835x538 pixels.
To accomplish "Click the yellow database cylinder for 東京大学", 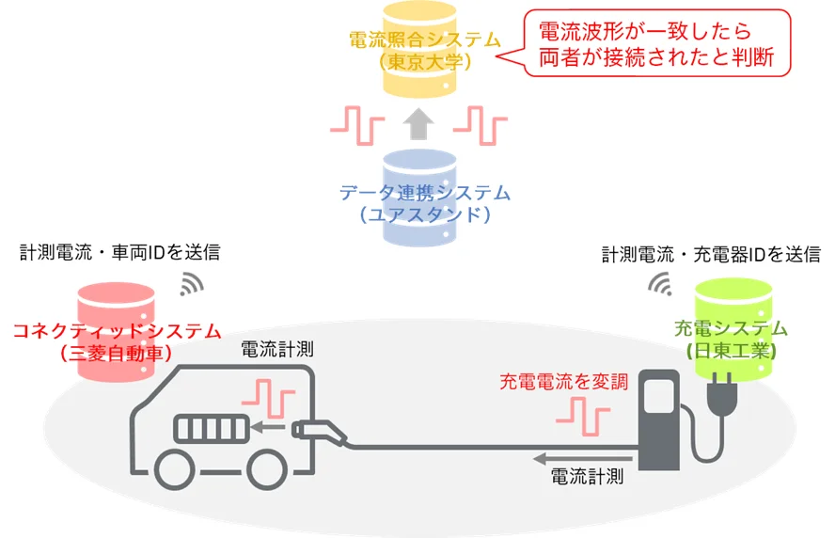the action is coord(419,49).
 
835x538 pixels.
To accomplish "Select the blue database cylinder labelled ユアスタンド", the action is coord(419,198).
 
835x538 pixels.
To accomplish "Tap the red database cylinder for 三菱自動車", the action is coord(116,332).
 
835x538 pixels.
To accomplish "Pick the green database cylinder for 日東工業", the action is coord(733,328).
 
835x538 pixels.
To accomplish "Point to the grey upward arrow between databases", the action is coord(418,124).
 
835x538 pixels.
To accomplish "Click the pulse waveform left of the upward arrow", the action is coord(357,126).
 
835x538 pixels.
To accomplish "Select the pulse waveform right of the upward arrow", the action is coord(481,126).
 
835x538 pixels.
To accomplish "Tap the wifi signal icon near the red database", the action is coord(192,284).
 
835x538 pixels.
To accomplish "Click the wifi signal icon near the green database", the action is coord(660,284).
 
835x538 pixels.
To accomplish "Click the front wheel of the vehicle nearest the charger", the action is coord(267,469).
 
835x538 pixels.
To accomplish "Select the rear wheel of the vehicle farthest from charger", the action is coord(175,469).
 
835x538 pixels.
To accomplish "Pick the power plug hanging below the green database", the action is coord(722,395).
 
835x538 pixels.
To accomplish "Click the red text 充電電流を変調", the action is coord(564,382).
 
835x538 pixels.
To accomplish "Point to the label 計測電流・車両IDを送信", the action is coord(120,252).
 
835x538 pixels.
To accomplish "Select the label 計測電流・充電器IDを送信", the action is coord(712,255).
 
